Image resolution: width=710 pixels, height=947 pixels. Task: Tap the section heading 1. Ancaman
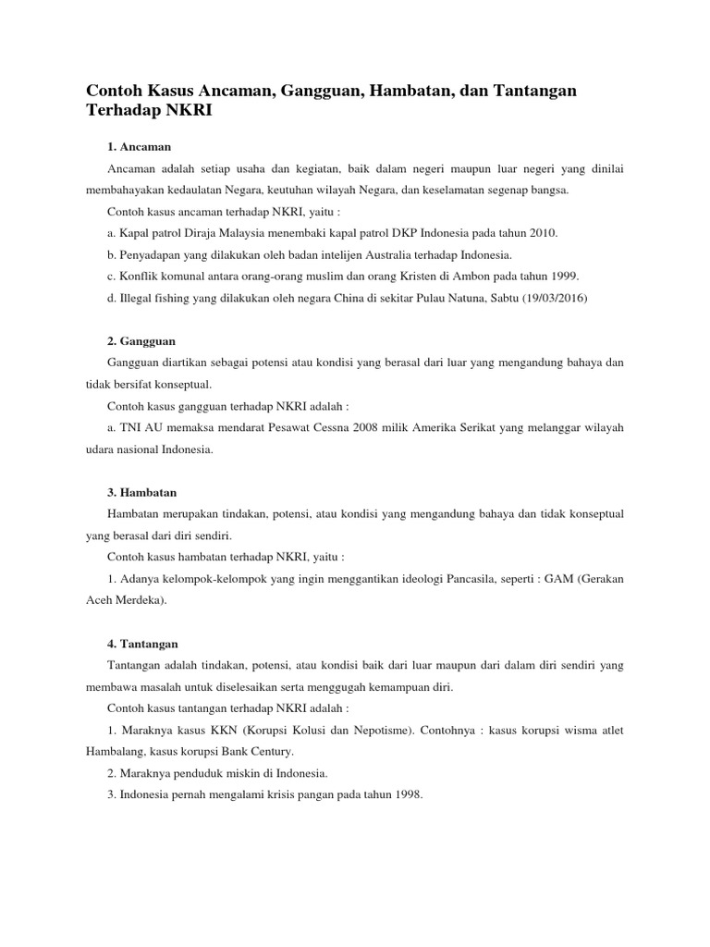pyautogui.click(x=140, y=147)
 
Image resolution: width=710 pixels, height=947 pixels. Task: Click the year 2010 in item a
pyautogui.click(x=543, y=232)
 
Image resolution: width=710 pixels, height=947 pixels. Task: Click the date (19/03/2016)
pyautogui.click(x=547, y=298)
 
